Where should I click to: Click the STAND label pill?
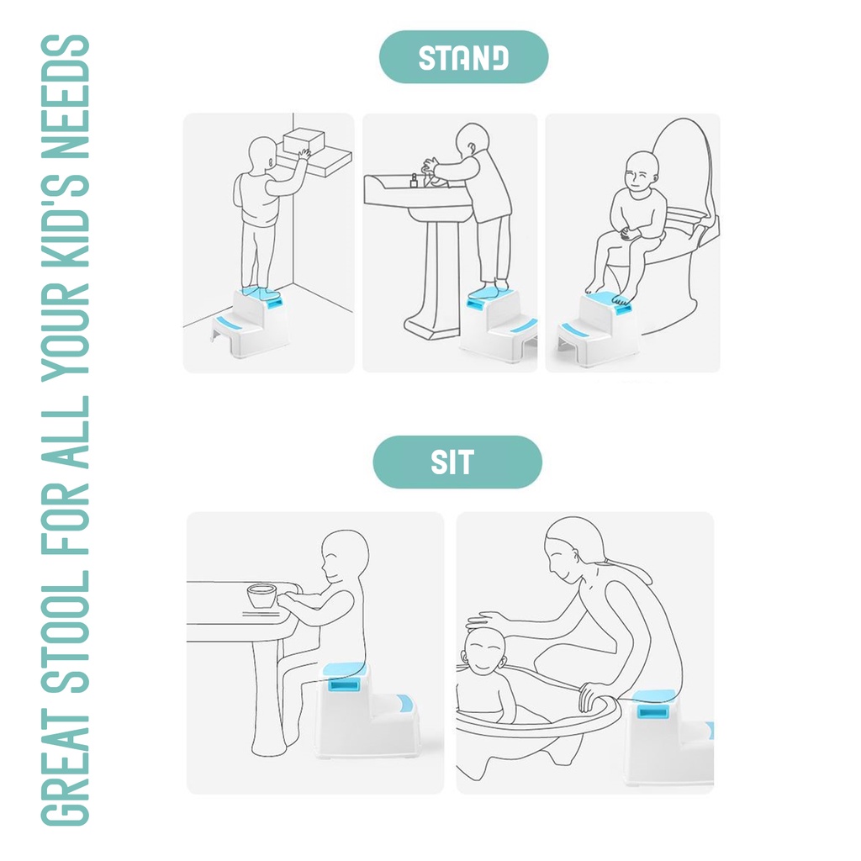coord(463,57)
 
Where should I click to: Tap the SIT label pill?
coord(457,462)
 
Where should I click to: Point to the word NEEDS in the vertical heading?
coord(66,97)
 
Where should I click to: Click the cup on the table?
coord(261,596)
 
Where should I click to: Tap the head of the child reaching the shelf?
coord(263,155)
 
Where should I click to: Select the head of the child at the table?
coord(344,557)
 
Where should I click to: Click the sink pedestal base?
coord(433,327)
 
